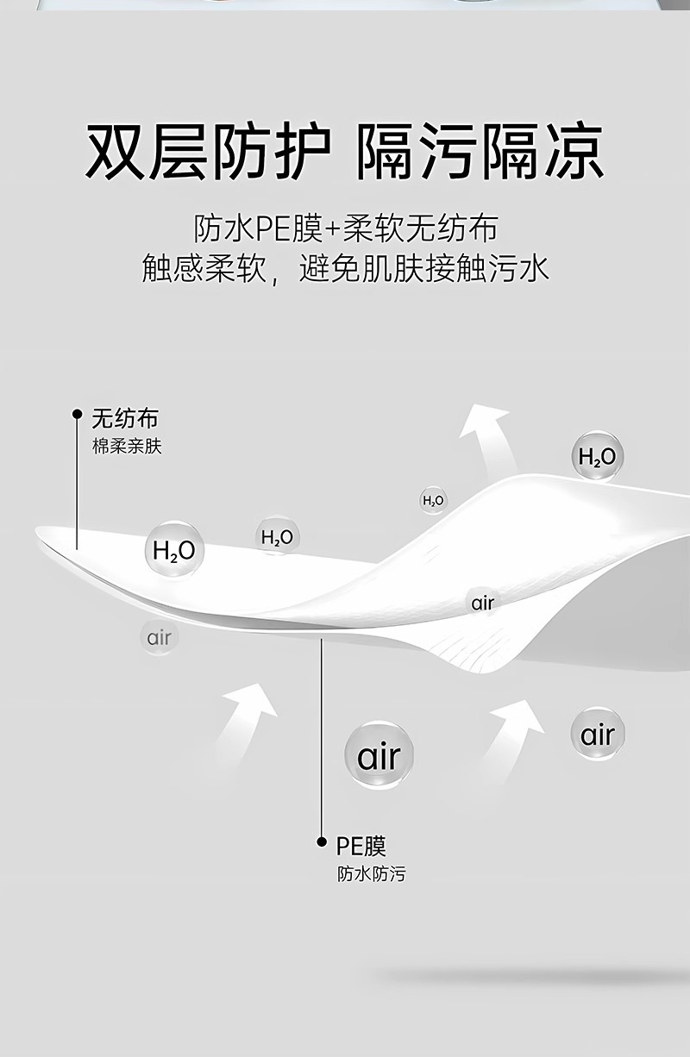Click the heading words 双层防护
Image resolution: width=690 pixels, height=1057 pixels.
point(208,153)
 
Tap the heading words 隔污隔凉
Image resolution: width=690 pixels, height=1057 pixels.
point(480,153)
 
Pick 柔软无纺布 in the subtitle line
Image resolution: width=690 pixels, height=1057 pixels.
point(420,229)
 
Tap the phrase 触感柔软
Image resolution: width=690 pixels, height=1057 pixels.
point(204,269)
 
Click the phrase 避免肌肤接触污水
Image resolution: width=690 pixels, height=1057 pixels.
point(423,269)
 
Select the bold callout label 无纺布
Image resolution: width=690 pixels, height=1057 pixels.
point(125,420)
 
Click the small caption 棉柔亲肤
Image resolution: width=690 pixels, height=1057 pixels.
point(127,447)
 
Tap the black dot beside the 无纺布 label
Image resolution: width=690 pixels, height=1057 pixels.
point(77,414)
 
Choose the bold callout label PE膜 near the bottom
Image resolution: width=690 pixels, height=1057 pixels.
point(361,845)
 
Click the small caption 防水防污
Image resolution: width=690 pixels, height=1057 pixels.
point(371,874)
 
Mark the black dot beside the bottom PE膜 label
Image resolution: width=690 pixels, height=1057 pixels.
point(321,841)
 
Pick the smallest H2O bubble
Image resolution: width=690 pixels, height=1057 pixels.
point(433,500)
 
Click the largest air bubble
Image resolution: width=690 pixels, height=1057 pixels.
point(379,756)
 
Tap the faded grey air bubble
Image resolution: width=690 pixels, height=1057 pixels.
point(159,638)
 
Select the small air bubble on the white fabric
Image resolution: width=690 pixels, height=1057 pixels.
point(482,603)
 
